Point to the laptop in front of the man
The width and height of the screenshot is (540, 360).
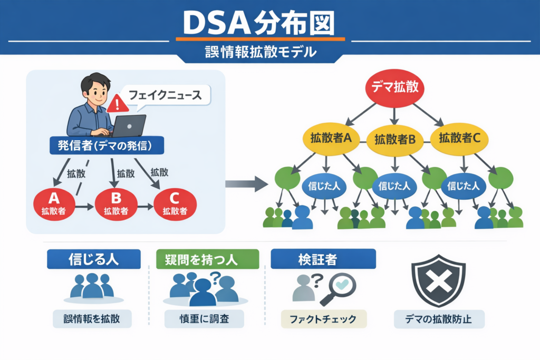[x=128, y=126]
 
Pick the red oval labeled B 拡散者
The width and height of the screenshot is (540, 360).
[x=116, y=203]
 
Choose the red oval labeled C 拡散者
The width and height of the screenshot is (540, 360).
[x=175, y=203]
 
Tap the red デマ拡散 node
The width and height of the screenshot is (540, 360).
[x=395, y=87]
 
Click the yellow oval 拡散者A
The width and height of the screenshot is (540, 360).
[x=331, y=139]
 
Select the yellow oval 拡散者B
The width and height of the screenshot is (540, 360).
[x=395, y=140]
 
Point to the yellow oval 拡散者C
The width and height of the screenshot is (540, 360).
[x=459, y=139]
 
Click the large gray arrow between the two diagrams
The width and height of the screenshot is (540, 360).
[x=247, y=184]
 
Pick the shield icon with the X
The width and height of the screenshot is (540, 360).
[x=438, y=281]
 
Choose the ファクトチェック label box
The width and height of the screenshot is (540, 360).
[x=323, y=319]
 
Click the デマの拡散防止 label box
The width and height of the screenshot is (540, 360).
[x=439, y=319]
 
